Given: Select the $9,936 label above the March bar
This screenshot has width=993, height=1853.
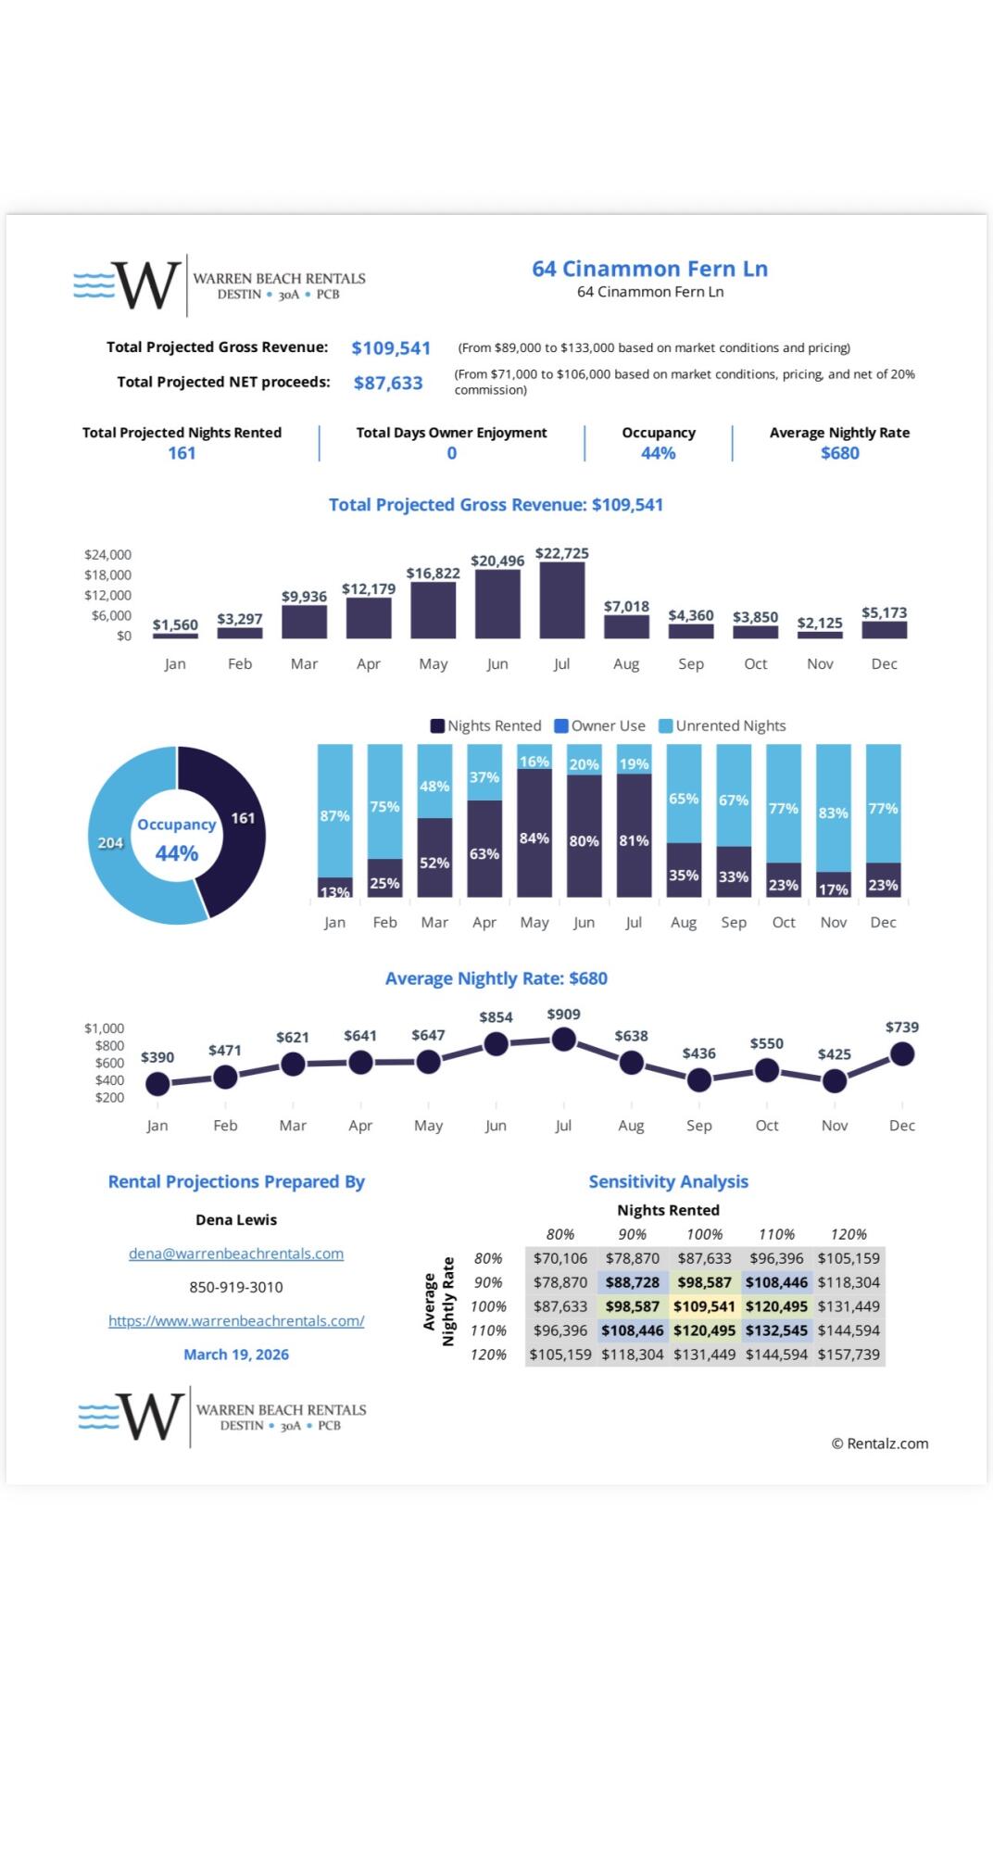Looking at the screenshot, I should coord(304,597).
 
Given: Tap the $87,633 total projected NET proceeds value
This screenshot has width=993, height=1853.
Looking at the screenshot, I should coord(388,383).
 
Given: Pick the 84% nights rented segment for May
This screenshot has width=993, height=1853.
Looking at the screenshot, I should coord(534,834).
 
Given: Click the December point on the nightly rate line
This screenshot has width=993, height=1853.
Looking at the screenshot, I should coord(901,1054).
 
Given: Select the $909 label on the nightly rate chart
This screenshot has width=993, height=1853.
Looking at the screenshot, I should coord(563,1015).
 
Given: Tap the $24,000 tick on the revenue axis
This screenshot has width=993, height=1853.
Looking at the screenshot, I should coord(107,555).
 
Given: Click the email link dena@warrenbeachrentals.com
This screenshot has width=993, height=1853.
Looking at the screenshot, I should coord(236,1254).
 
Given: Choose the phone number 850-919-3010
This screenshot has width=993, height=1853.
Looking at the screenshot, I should coord(236,1287).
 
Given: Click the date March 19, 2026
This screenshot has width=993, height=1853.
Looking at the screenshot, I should coord(236,1355).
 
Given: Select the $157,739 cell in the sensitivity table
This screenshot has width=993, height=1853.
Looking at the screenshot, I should coord(848,1355).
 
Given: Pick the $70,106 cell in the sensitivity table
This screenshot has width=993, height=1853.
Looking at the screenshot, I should coord(560,1258).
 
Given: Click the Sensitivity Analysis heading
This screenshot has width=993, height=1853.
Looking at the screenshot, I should coord(668,1182).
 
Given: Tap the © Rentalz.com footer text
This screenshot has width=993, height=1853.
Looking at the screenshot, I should coord(879,1443).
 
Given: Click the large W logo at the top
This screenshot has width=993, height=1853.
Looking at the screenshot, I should coord(145,284).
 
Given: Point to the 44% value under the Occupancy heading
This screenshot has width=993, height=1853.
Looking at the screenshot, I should coord(658,453).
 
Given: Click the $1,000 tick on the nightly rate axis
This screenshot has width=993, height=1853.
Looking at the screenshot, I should coord(104,1028).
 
